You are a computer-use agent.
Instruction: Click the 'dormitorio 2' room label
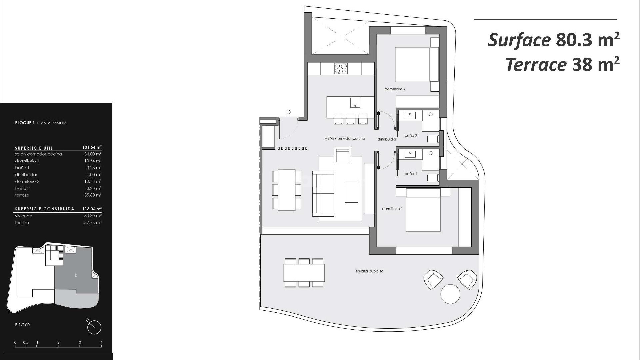point(395,89)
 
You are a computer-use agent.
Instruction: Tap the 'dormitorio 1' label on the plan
point(392,209)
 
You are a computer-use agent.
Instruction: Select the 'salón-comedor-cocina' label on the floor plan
point(345,138)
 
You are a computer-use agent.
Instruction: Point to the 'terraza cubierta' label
point(369,271)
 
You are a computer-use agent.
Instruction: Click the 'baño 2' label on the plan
point(411,136)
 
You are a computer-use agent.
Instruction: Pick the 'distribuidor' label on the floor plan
point(387,139)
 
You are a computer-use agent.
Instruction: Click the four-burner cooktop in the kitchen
point(341,69)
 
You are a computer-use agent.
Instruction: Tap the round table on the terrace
point(450,294)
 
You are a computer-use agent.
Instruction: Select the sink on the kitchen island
point(355,103)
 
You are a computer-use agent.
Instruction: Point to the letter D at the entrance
point(289,112)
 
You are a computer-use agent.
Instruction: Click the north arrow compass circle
point(94,327)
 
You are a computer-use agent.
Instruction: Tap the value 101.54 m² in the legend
point(92,147)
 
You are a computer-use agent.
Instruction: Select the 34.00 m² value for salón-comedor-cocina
point(93,154)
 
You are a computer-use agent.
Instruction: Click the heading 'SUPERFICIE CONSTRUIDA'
point(44,209)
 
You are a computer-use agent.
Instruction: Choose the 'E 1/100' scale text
point(22,325)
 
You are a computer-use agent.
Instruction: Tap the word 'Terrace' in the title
point(536,64)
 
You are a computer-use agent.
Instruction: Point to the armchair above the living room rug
point(343,155)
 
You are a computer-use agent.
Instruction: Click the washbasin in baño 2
point(410,116)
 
